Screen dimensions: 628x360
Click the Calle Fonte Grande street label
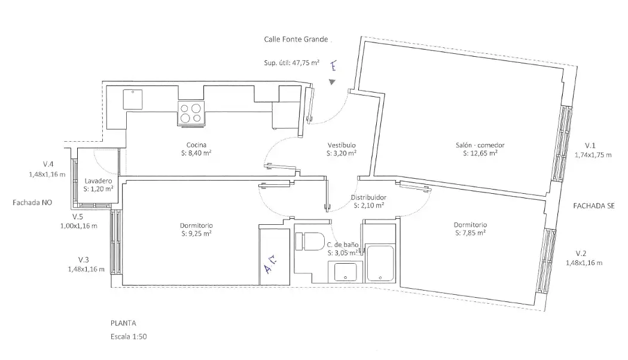(x=296, y=39)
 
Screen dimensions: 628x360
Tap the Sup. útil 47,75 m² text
(x=292, y=62)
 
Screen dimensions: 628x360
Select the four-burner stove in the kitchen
(x=191, y=113)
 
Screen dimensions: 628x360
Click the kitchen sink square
(x=133, y=99)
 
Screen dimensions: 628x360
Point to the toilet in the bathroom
(x=310, y=242)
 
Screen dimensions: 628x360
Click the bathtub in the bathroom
(x=380, y=264)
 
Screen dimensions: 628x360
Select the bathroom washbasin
(x=345, y=271)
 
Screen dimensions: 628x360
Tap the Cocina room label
(x=196, y=145)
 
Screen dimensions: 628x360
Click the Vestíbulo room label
(x=342, y=145)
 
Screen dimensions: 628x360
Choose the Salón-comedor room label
(x=480, y=145)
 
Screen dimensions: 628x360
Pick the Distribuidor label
(x=368, y=197)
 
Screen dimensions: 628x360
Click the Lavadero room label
(x=98, y=181)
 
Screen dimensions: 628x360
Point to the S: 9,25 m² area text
(x=196, y=233)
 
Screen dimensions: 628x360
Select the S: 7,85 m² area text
(x=470, y=233)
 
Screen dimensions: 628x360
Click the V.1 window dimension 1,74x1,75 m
(x=593, y=154)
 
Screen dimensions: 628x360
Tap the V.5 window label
(x=78, y=216)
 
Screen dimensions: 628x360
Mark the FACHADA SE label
(x=593, y=206)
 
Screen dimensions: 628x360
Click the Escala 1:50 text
(x=129, y=337)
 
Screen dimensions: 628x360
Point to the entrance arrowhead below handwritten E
(x=332, y=82)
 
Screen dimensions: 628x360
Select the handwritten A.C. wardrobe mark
(x=271, y=264)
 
